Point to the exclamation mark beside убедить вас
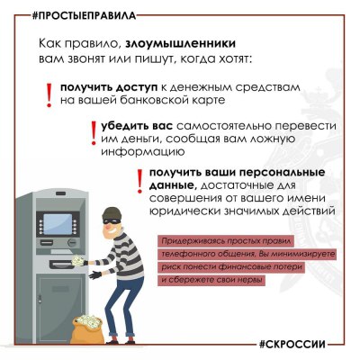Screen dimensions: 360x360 point(93,132)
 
